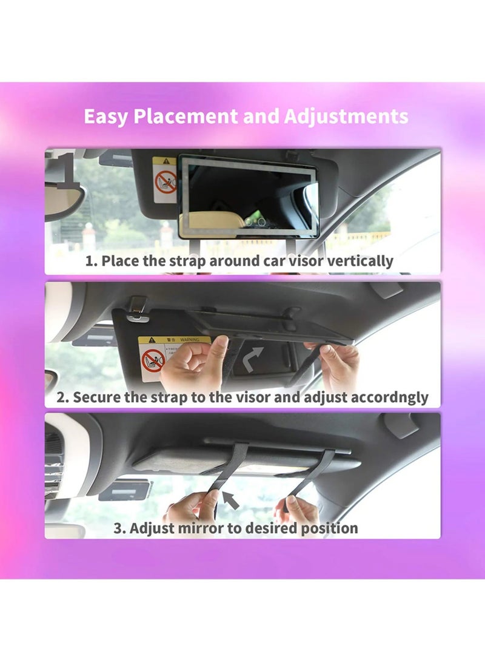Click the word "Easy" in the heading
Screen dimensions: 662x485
[x=105, y=116]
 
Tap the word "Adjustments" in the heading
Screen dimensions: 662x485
[x=346, y=116]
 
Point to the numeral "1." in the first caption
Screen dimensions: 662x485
[x=92, y=262]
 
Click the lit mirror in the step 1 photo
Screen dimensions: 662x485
[x=249, y=196]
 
